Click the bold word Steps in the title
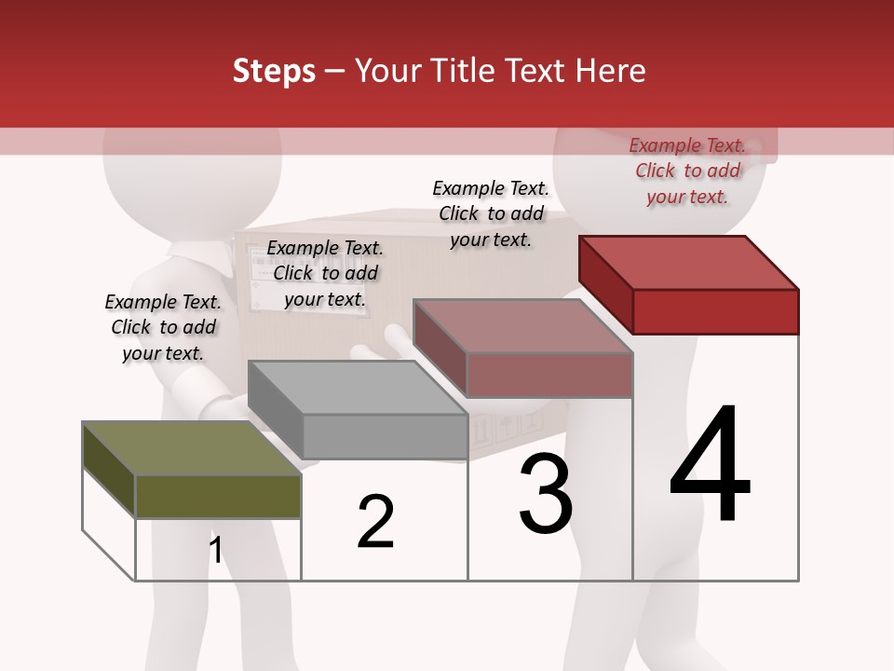[274, 71]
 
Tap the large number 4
[710, 466]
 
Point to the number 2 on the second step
[375, 522]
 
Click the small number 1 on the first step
[216, 551]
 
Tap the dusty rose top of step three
[522, 326]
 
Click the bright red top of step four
[688, 262]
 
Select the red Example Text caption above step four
[687, 171]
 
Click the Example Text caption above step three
[491, 213]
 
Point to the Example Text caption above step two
[325, 273]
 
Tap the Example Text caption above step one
[163, 327]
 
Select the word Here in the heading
[611, 71]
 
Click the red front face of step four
[715, 311]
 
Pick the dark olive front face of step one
[218, 496]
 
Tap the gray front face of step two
[385, 436]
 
